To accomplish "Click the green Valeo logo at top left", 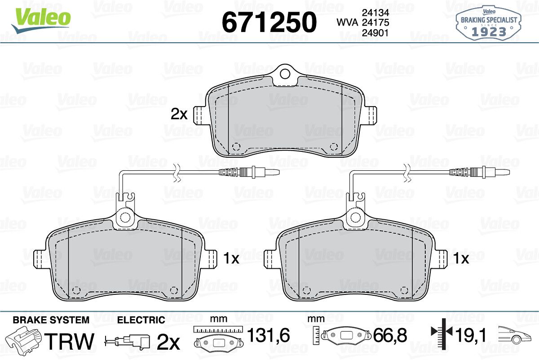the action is pyautogui.click(x=41, y=20).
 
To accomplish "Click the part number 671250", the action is pyautogui.click(x=269, y=22).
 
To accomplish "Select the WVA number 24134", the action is pyautogui.click(x=376, y=13).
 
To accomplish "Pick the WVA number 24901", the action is pyautogui.click(x=376, y=33).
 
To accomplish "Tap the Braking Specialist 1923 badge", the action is pyautogui.click(x=489, y=23).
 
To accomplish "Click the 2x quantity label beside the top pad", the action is pyautogui.click(x=179, y=114).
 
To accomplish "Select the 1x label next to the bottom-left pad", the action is pyautogui.click(x=231, y=258).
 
